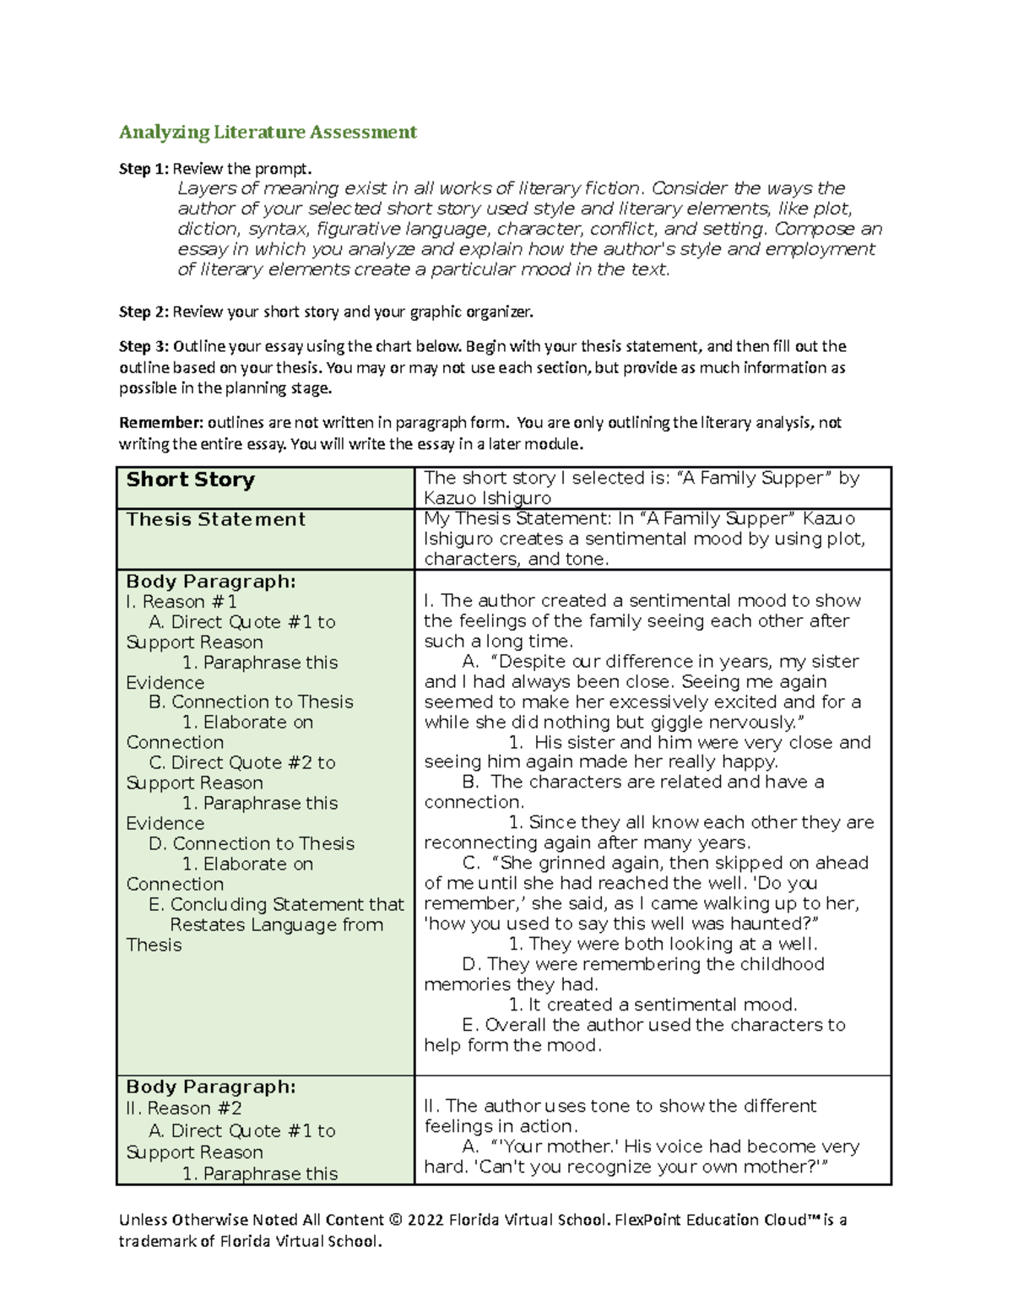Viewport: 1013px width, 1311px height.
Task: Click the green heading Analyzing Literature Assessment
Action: coord(268,132)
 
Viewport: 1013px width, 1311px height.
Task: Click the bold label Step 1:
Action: coord(144,169)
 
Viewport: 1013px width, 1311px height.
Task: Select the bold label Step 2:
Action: coord(144,312)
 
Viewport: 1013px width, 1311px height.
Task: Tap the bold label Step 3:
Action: coord(144,346)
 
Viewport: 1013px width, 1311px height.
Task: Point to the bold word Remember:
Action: coord(160,423)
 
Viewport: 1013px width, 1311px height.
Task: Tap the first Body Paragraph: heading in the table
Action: coord(210,582)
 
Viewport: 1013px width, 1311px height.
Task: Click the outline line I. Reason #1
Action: coord(181,602)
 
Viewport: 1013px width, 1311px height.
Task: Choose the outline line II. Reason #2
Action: coord(183,1108)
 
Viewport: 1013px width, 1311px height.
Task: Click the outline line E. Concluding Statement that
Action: coord(276,905)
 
